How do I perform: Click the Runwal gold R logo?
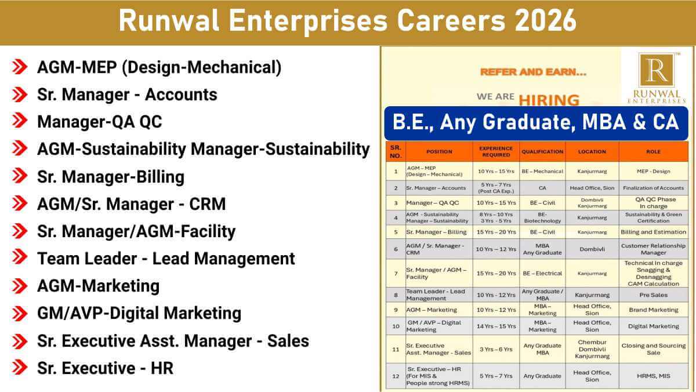pos(656,70)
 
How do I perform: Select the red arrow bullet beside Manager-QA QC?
pos(20,122)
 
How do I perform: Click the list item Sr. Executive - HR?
pos(105,368)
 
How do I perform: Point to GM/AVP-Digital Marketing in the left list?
pos(139,313)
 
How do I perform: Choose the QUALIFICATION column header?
pos(542,151)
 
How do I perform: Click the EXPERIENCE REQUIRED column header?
pos(496,151)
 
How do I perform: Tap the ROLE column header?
pos(653,151)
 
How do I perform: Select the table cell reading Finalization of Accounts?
pos(653,188)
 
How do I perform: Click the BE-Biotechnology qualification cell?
pos(542,217)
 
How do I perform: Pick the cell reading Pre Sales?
pos(653,295)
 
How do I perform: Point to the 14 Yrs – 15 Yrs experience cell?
pos(496,326)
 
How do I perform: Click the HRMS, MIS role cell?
pos(653,376)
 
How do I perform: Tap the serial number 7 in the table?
pos(396,273)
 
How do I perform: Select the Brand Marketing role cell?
pos(653,310)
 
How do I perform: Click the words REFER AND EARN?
pos(533,73)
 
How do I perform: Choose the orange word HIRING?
pos(549,99)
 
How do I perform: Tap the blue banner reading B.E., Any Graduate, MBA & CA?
pos(535,122)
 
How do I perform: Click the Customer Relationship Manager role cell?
pos(653,249)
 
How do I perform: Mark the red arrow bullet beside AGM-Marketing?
pos(20,286)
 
